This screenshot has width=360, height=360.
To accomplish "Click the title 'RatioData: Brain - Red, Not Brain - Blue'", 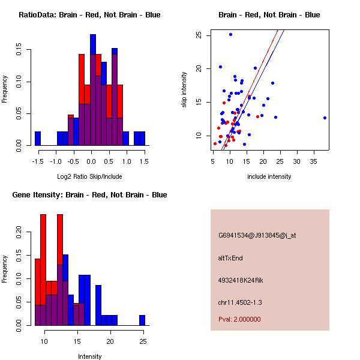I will [89, 14].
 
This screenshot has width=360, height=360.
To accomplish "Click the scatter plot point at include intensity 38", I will [325, 118].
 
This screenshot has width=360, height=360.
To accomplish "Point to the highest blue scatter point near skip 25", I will [230, 35].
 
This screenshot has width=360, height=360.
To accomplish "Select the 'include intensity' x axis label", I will [269, 176].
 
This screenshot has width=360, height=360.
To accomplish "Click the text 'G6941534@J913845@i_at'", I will [257, 235].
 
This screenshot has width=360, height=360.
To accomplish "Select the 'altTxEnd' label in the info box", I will [230, 258].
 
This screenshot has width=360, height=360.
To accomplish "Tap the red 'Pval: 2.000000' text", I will [239, 319].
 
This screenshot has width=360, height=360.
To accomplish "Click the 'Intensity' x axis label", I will [90, 356].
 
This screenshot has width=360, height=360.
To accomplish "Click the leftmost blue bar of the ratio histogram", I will [38, 138].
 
